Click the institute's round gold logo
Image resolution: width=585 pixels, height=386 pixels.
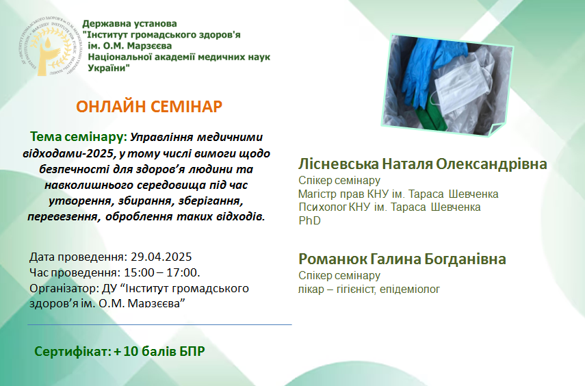coord(51,47)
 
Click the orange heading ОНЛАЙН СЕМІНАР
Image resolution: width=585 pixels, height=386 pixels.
coord(149,107)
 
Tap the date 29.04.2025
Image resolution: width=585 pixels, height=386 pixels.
coord(161,257)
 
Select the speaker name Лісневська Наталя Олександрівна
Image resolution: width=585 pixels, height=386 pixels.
coord(422,164)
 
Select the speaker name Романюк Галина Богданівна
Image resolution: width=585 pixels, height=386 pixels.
coord(402,259)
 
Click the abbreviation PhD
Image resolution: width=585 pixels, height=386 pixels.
coord(309,220)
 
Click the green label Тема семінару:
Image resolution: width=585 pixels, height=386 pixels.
coord(79,137)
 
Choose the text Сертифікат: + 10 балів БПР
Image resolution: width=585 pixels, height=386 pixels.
coord(119,351)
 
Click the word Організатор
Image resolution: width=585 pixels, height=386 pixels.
coord(63,289)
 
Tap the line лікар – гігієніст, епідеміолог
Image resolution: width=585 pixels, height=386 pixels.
coord(369,289)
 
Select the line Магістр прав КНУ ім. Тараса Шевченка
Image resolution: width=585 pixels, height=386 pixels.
coord(398,194)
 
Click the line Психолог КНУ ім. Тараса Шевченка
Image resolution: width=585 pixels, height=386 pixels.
coord(389,207)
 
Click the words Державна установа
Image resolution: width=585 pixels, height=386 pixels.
coord(129,23)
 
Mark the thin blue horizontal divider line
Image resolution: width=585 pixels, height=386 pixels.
coord(159,325)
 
